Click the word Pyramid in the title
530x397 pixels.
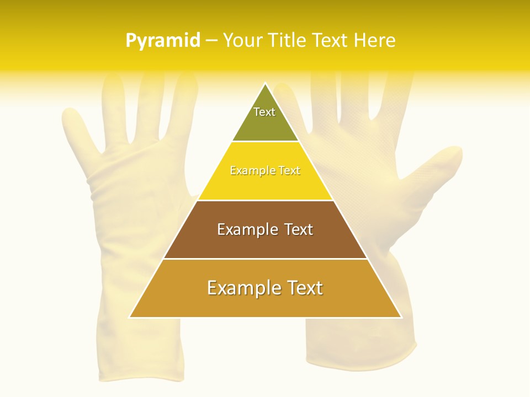163,40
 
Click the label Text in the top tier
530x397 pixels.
264,112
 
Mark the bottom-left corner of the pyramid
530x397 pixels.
130,317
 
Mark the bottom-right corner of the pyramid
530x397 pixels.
401,317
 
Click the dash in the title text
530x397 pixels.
211,40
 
